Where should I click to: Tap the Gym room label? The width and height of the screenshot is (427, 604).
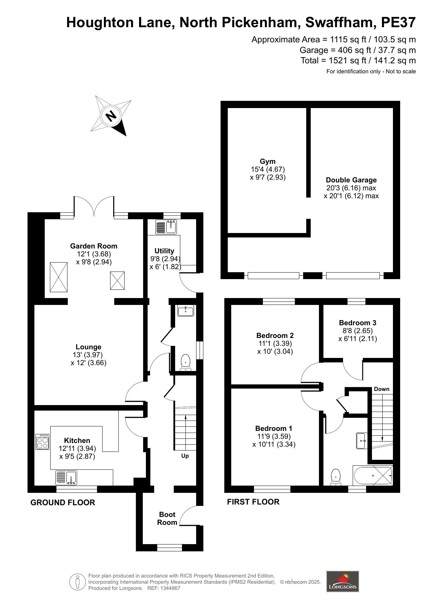[x=268, y=161]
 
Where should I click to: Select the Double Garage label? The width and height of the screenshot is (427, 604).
[x=351, y=180]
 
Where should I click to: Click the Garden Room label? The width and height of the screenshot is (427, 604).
[x=94, y=246]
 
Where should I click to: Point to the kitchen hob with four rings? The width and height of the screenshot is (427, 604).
[x=43, y=442]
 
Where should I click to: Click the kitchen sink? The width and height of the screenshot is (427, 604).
[x=67, y=478]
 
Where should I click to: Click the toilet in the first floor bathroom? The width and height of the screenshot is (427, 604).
[x=335, y=477]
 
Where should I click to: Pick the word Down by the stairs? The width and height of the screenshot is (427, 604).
[x=382, y=389]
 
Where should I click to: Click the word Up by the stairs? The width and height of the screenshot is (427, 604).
[x=185, y=456]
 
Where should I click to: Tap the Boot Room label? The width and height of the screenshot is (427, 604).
[x=167, y=518]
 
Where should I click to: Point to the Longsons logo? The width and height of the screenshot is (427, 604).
[x=342, y=581]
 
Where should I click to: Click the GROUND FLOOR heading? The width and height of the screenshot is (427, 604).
[x=63, y=502]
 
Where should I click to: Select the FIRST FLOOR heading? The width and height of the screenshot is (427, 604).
[x=253, y=502]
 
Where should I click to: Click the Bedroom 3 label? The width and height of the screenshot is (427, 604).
[x=357, y=323]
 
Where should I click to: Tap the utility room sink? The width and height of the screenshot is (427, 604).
[x=171, y=227]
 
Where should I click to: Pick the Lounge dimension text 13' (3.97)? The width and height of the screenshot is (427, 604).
[x=89, y=355]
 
